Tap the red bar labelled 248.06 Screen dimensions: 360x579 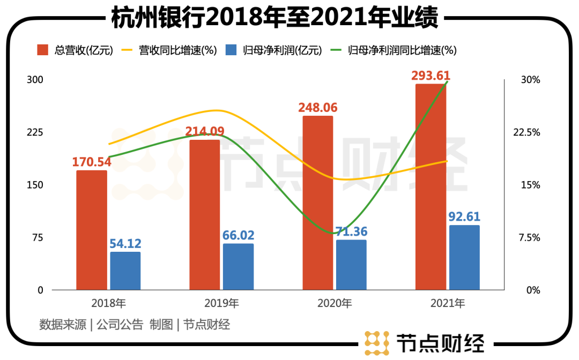click(317, 203)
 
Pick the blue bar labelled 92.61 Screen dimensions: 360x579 click(464, 258)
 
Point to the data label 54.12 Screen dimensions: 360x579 click(125, 244)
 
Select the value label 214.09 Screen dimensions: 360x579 click(205, 131)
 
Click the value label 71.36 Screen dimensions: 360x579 click(351, 232)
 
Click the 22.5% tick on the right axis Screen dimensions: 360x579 click(526, 132)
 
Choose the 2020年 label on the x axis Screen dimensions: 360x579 click(335, 304)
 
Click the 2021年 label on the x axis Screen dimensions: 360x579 click(447, 304)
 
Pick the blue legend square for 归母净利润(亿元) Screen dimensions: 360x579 click(231, 50)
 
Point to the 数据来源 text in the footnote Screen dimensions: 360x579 click(63, 324)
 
